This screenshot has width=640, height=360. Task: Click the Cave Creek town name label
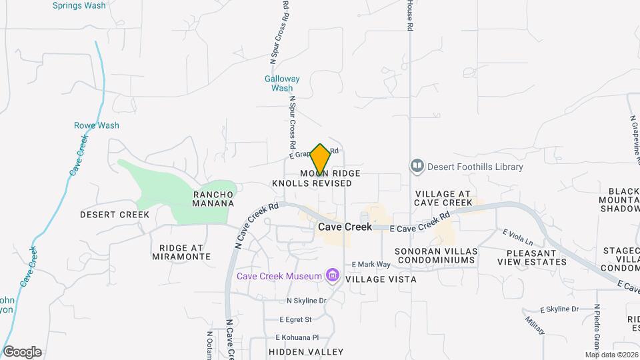coord(345,227)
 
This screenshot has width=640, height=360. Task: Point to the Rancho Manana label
coord(213,199)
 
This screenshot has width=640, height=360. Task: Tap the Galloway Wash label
coord(282,83)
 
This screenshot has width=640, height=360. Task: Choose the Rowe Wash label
coord(96,125)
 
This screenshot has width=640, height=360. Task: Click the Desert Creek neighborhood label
coord(115,215)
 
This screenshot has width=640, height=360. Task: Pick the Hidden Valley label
coord(306,351)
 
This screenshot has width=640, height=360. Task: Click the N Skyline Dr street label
coord(306,301)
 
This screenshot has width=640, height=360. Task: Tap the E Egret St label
coord(296,319)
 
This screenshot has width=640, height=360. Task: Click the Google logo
coord(22,351)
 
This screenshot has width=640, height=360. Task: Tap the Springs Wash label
coord(79,5)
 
